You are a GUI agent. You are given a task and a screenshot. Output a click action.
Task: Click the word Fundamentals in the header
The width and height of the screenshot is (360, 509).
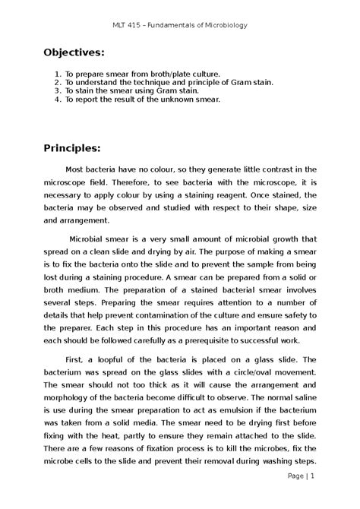[x=172, y=24]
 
